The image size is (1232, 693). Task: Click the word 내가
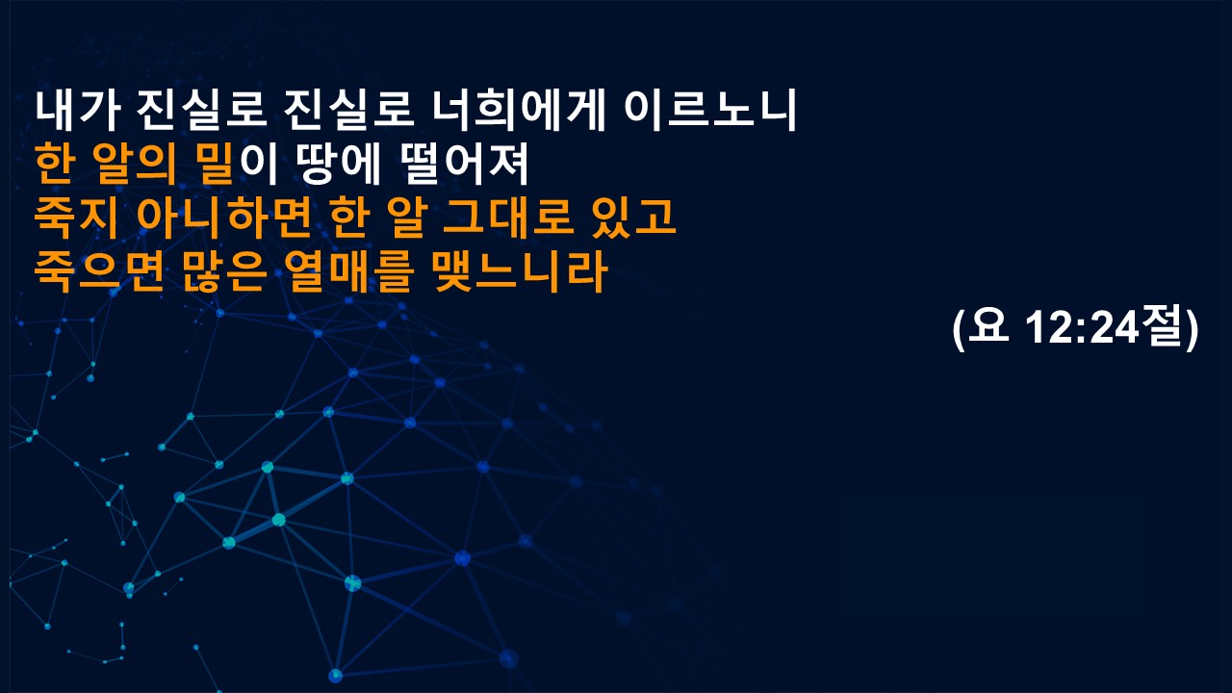pos(78,111)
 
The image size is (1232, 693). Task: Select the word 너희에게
pos(518,111)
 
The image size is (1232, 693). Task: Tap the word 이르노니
pos(710,111)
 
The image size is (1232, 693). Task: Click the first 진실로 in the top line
pos(201,111)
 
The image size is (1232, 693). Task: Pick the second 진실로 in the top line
pos(348,111)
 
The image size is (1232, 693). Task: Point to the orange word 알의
pos(136,164)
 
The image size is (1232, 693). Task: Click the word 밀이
pos(237,164)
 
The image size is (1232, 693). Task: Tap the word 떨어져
pos(464,164)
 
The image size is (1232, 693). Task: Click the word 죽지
pos(77,218)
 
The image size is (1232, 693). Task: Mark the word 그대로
pos(506,218)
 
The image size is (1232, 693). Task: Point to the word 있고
pos(633,218)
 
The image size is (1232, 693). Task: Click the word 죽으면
pos(99,271)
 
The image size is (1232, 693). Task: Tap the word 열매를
pos(348,271)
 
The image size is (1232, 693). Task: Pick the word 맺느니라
pos(521,271)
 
